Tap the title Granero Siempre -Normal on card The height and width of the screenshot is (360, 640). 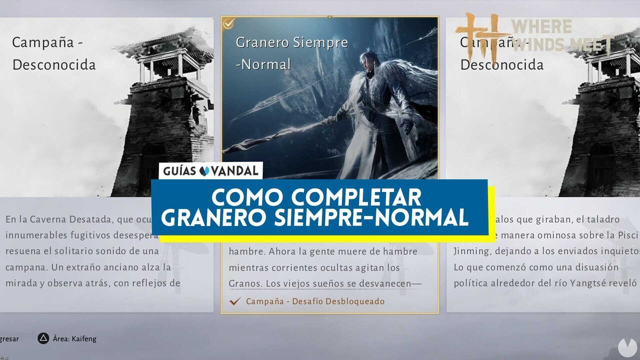[x=291, y=53]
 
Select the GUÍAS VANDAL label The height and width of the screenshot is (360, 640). [x=211, y=171]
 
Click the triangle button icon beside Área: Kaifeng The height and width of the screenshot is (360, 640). [x=43, y=338]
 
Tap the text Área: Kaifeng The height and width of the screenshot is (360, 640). [x=74, y=338]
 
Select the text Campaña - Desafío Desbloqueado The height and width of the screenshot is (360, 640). [x=315, y=301]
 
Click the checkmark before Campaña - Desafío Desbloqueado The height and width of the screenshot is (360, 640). [x=235, y=301]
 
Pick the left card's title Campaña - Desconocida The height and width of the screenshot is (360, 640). [x=54, y=53]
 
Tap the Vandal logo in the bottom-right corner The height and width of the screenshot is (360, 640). [x=625, y=347]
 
